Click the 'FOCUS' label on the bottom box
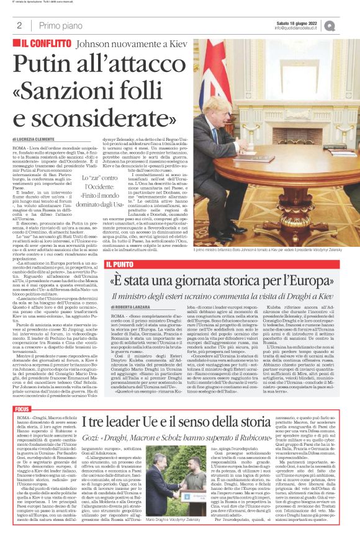click(22, 411)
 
